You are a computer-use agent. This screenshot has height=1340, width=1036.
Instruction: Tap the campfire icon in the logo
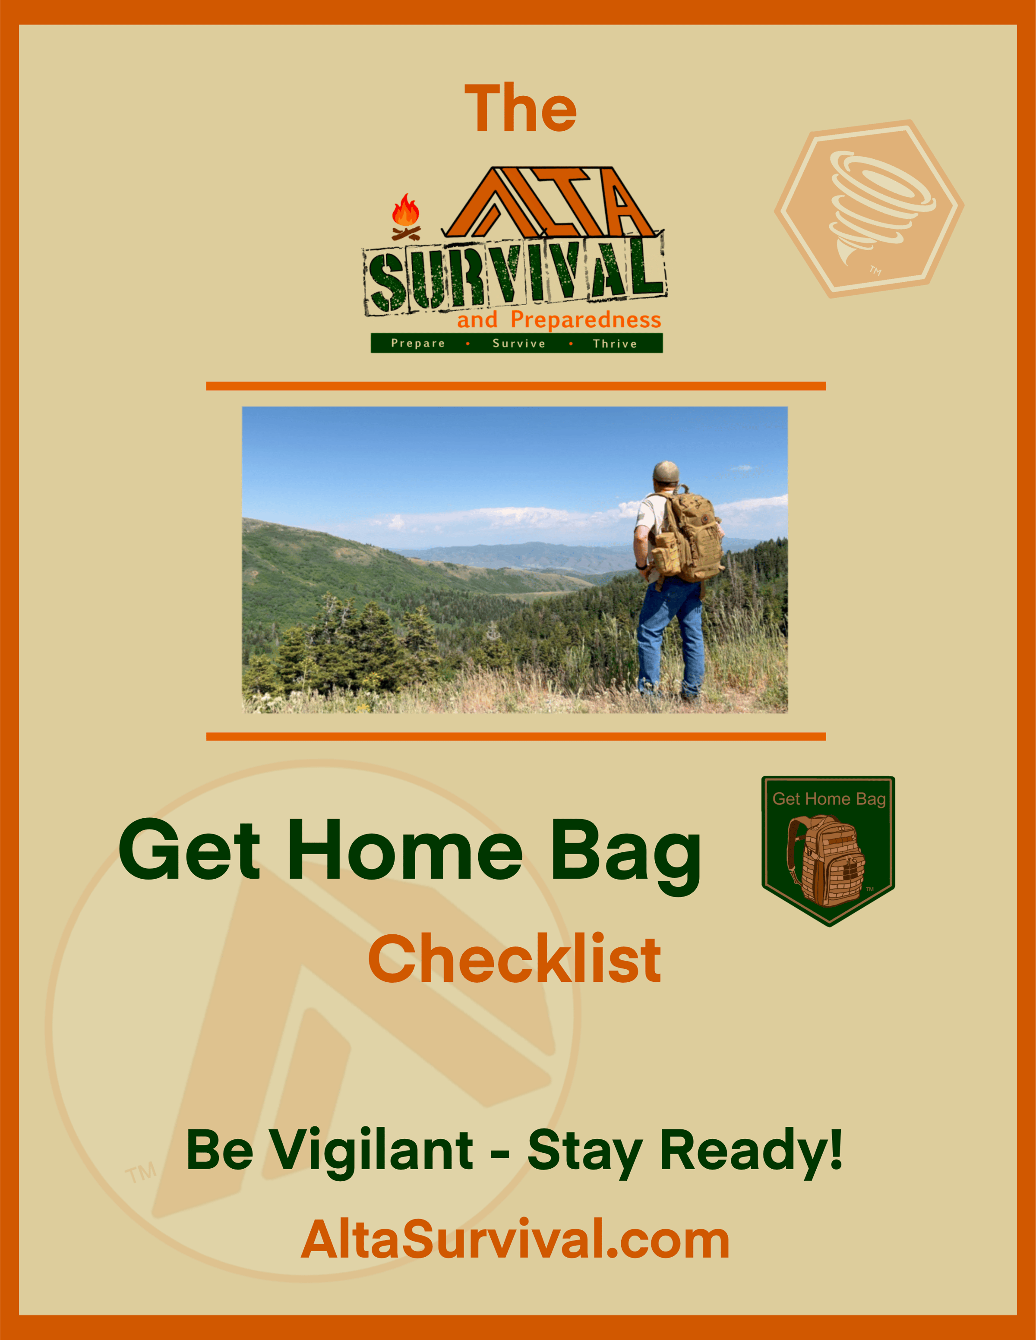tap(406, 217)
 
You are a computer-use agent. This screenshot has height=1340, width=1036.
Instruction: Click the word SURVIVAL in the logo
tap(514, 275)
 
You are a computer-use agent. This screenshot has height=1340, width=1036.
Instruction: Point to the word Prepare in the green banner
tap(418, 343)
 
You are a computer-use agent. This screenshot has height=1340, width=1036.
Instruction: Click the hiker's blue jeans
tap(670, 638)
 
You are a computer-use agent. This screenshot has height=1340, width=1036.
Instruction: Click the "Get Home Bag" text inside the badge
tap(828, 799)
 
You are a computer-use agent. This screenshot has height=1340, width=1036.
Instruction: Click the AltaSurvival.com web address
tap(515, 1239)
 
